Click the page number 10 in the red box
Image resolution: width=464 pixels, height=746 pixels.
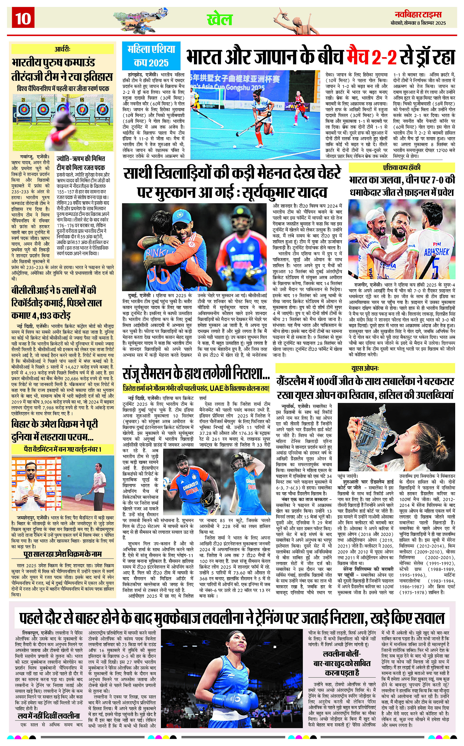[x=23, y=18]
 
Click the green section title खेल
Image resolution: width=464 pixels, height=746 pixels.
[x=220, y=19]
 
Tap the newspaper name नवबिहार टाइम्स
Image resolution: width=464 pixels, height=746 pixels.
[x=418, y=14]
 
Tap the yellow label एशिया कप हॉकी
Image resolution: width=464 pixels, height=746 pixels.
[x=402, y=168]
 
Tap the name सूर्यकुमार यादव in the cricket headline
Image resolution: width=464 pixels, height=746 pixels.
[x=284, y=192]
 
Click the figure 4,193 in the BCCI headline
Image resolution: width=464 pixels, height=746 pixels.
[x=44, y=315]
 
